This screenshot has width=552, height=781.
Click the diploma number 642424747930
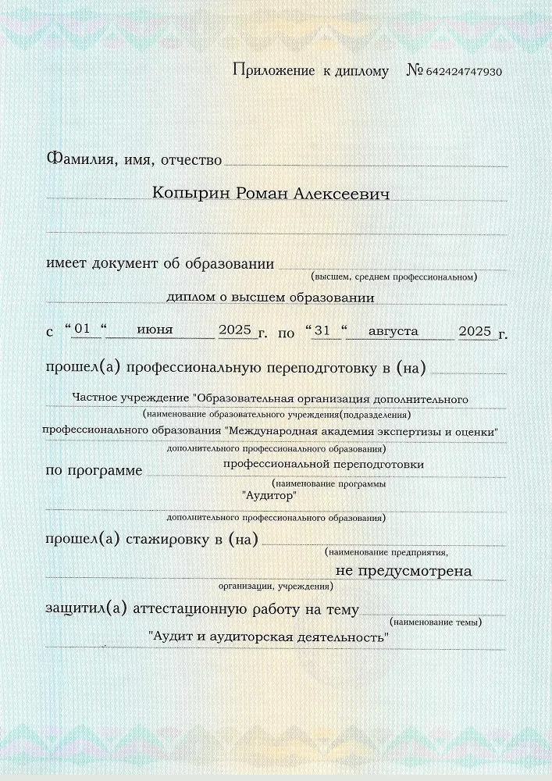[x=464, y=72]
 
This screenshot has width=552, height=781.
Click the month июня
[x=155, y=330]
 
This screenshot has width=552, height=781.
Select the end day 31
[x=321, y=330]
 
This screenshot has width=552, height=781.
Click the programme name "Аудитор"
[x=269, y=494]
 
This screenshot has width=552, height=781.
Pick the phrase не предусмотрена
[x=404, y=571]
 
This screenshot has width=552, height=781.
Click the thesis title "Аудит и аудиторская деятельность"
[x=269, y=637]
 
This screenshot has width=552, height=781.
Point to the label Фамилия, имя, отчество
[x=134, y=159]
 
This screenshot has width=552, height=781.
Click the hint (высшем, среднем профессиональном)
[x=394, y=276]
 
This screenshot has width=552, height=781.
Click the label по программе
[x=94, y=470]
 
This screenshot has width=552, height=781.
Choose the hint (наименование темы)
[x=436, y=622]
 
